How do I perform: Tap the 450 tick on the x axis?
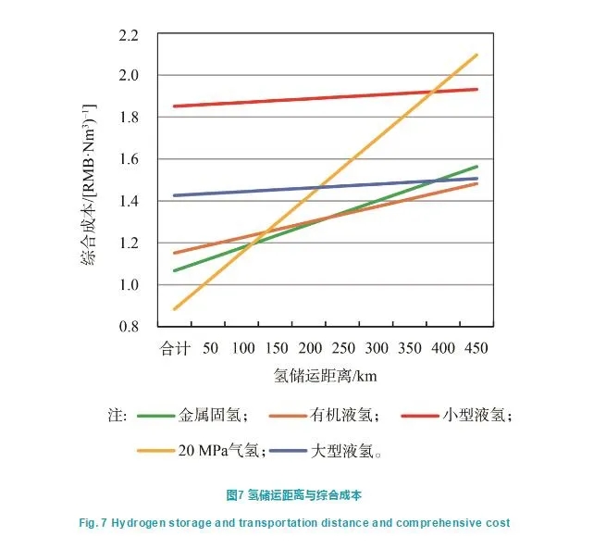click(476, 348)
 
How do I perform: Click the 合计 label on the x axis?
click(176, 348)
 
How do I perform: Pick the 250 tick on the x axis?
click(343, 348)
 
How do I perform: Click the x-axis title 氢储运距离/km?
click(326, 376)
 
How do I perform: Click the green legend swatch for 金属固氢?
click(156, 416)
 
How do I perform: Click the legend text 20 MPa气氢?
click(221, 451)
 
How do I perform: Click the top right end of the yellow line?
click(477, 55)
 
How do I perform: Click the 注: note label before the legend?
click(117, 416)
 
